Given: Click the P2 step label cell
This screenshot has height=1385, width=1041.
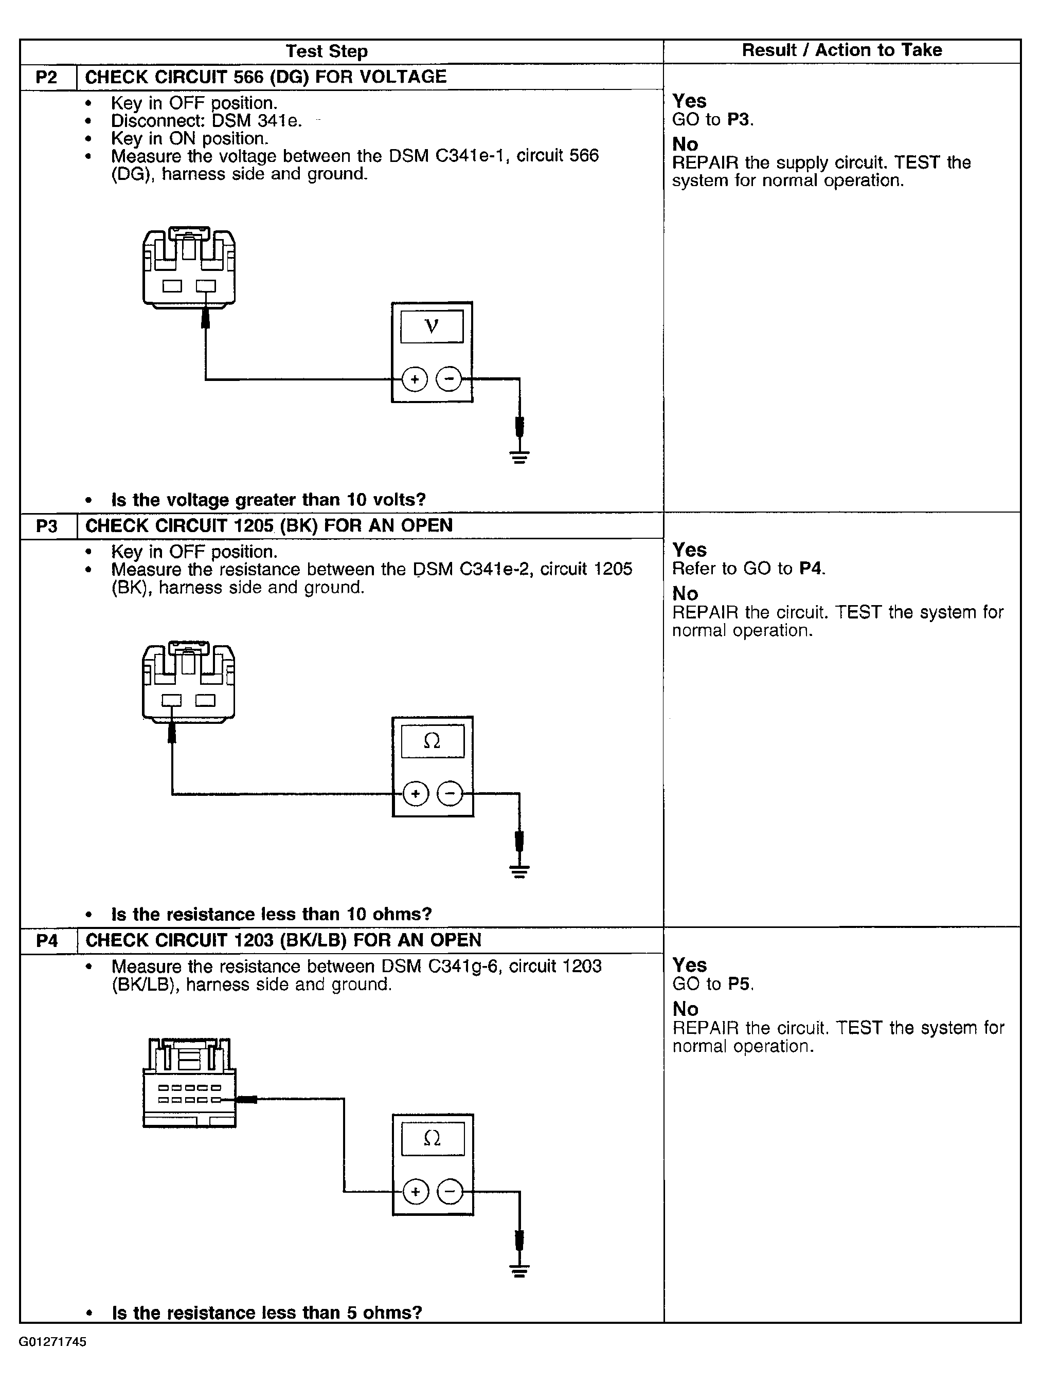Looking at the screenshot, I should [47, 77].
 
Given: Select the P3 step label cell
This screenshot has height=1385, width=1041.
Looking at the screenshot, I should [47, 526].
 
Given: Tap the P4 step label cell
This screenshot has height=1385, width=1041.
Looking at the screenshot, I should [47, 940].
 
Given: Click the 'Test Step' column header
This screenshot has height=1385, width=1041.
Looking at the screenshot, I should [326, 51].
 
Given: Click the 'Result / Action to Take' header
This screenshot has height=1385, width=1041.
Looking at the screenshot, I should [841, 50].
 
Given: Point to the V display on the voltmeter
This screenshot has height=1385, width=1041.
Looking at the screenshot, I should [432, 326].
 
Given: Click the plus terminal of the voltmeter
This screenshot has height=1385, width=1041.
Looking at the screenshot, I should [414, 379].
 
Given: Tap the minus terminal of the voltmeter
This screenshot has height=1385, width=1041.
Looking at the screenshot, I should [448, 379].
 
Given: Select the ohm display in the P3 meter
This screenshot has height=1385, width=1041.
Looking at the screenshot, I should [432, 741].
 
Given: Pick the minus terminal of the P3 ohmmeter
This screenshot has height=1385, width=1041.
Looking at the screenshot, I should [450, 794].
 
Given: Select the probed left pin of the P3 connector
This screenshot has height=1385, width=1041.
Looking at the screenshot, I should [172, 700].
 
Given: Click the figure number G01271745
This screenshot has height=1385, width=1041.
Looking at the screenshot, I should [52, 1342].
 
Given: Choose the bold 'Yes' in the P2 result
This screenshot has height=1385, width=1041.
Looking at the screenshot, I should [689, 101].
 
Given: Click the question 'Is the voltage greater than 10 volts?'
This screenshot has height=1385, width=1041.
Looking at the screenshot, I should [268, 500].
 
